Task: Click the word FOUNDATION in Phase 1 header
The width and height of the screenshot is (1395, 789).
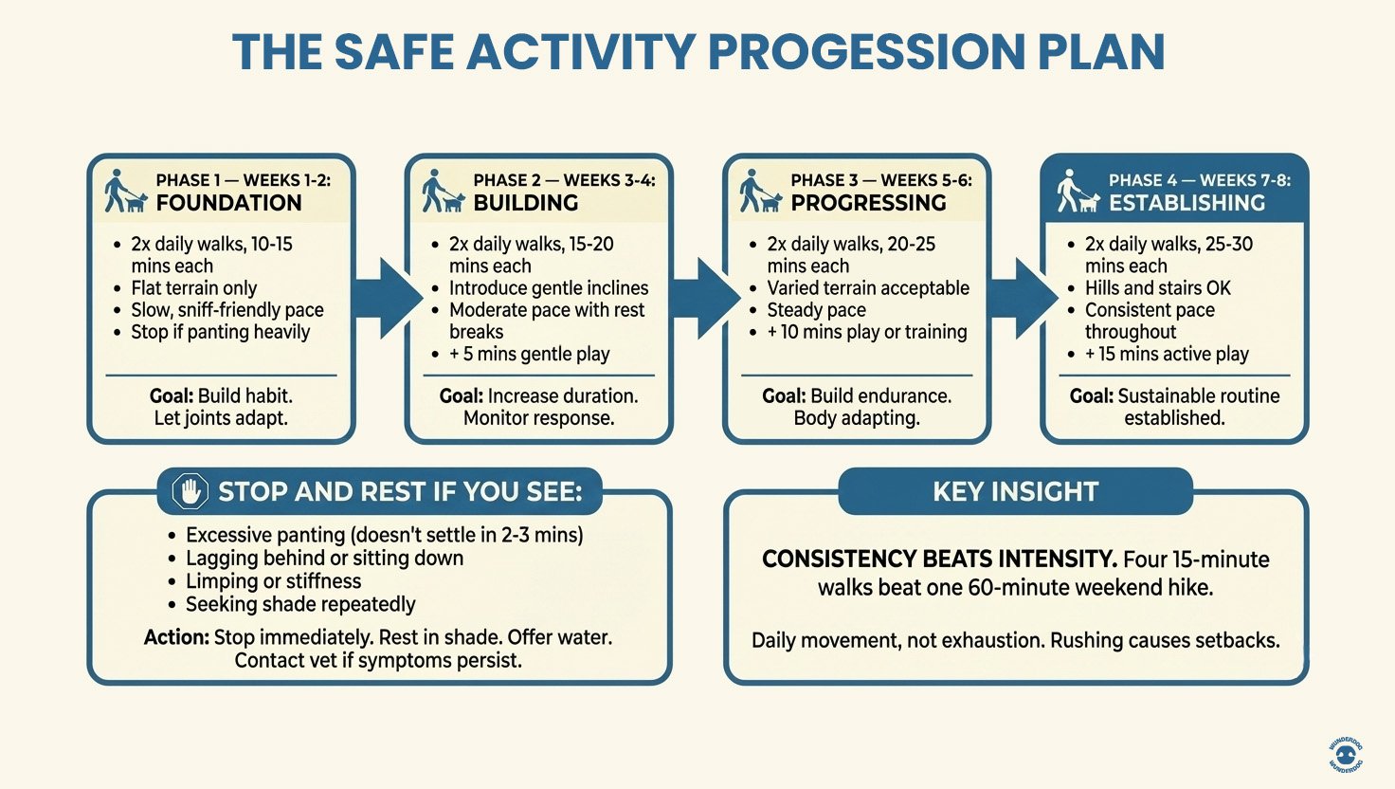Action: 228,203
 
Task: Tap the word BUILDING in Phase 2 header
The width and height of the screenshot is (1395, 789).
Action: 525,203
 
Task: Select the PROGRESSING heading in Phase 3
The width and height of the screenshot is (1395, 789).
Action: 868,203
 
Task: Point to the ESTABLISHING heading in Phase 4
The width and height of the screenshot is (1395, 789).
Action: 1187,203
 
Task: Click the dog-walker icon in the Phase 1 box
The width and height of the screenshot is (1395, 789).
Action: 124,192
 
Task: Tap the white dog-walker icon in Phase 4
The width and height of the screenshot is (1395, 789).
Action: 1078,192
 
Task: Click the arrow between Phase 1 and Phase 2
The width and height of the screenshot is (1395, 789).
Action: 386,298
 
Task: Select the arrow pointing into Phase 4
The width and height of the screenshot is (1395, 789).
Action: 1022,298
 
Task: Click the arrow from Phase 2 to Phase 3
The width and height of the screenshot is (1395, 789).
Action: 704,298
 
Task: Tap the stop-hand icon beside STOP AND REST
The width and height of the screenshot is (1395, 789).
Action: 190,491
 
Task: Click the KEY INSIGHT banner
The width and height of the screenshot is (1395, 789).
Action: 1015,491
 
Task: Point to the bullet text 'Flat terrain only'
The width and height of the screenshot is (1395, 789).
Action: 193,288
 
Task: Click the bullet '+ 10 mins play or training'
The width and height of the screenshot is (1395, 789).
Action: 867,332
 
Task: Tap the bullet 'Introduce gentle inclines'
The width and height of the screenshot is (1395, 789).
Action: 548,288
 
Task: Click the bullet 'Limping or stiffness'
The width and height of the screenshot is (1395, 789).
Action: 273,581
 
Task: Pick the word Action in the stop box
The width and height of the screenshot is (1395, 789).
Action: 176,637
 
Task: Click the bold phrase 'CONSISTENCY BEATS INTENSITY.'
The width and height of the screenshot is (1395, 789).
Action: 938,560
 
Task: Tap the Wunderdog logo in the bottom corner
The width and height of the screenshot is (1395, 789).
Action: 1345,754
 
